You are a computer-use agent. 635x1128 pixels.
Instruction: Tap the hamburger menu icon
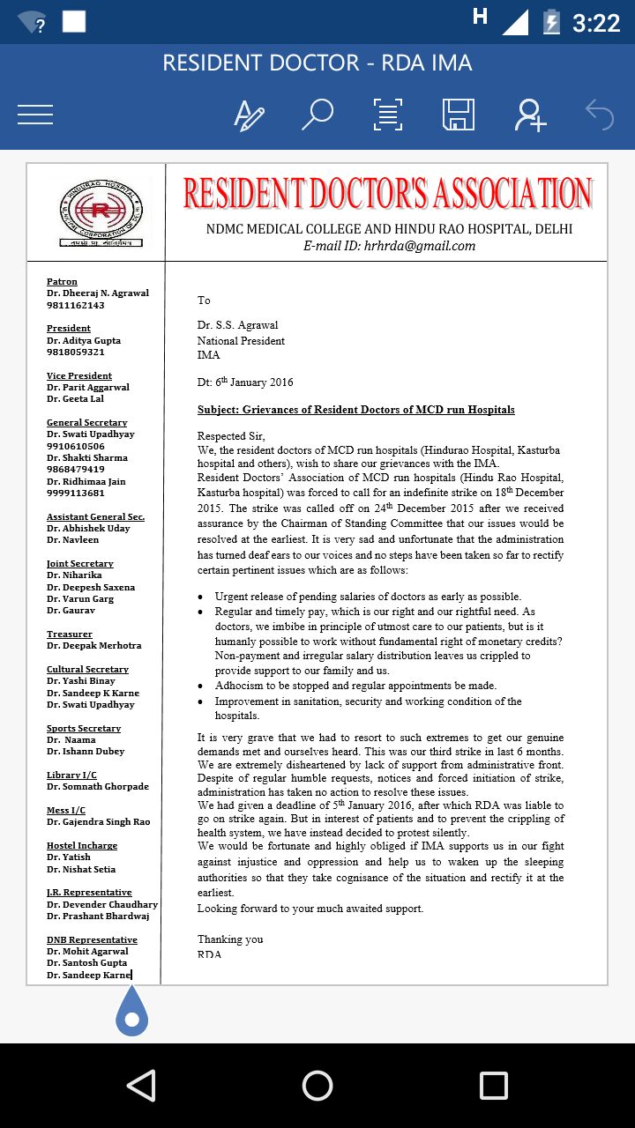35,115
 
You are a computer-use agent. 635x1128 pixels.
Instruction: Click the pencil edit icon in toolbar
249,115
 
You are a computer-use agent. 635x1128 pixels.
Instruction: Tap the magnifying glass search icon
317,115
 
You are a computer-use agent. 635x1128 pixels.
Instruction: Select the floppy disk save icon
459,115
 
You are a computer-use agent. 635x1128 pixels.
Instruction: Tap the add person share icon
531,115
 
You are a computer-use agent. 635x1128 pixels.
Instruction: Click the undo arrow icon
600,115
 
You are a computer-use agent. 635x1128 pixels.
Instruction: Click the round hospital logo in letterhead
100,211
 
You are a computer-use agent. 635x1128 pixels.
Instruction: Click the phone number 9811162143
76,305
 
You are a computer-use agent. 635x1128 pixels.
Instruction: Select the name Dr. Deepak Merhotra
94,645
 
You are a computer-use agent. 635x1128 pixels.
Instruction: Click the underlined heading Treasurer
70,634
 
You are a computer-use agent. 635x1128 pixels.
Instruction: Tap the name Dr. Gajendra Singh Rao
99,821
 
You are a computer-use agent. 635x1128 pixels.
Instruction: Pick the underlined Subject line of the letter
355,410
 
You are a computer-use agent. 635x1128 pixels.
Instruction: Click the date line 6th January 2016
245,382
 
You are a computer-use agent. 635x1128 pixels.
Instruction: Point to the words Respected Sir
231,435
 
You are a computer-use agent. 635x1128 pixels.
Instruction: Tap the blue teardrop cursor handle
132,1013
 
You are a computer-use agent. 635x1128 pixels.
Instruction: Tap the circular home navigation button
317,1085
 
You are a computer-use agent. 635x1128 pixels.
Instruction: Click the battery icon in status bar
552,21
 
